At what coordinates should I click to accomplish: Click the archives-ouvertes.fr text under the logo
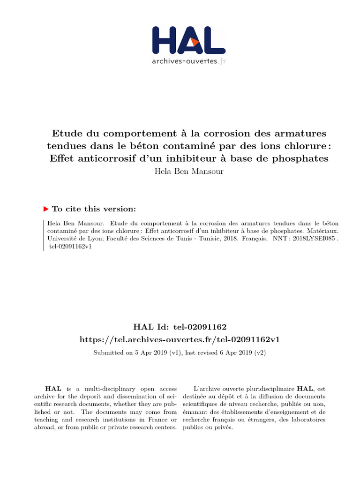(189, 61)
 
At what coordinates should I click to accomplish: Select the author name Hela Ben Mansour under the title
(189, 171)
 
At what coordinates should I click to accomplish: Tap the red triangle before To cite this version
(45, 209)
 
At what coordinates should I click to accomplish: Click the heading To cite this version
(94, 209)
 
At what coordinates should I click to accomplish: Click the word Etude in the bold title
(67, 134)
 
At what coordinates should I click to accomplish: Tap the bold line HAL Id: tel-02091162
(180, 326)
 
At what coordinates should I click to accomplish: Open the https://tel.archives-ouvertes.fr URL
(180, 339)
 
